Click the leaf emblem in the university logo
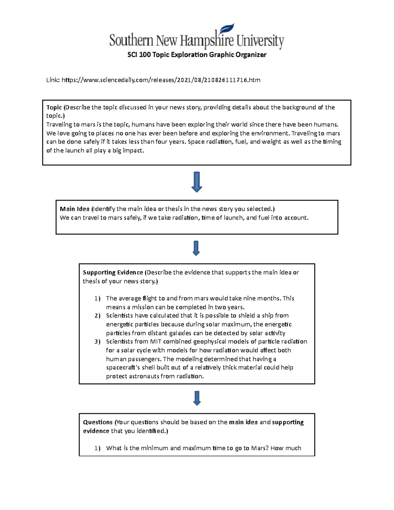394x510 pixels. coord(227,29)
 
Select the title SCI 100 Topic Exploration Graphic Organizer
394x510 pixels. coord(197,55)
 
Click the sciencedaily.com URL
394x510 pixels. coord(161,80)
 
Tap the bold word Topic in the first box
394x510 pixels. coord(54,107)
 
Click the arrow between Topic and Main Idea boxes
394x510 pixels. coord(196,182)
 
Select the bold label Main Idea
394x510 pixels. coord(75,209)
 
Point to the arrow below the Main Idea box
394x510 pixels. coord(196,248)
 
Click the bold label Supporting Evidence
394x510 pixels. coord(113,272)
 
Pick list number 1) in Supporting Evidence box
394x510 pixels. coord(97,299)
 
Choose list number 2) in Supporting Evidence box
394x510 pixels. coord(97,316)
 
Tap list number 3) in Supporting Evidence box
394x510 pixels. coord(97,342)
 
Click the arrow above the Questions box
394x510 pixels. coord(197,398)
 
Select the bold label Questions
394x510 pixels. coord(98,422)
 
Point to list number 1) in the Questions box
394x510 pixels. coord(97,448)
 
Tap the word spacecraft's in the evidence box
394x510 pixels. coord(123,367)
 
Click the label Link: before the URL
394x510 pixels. coord(53,80)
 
